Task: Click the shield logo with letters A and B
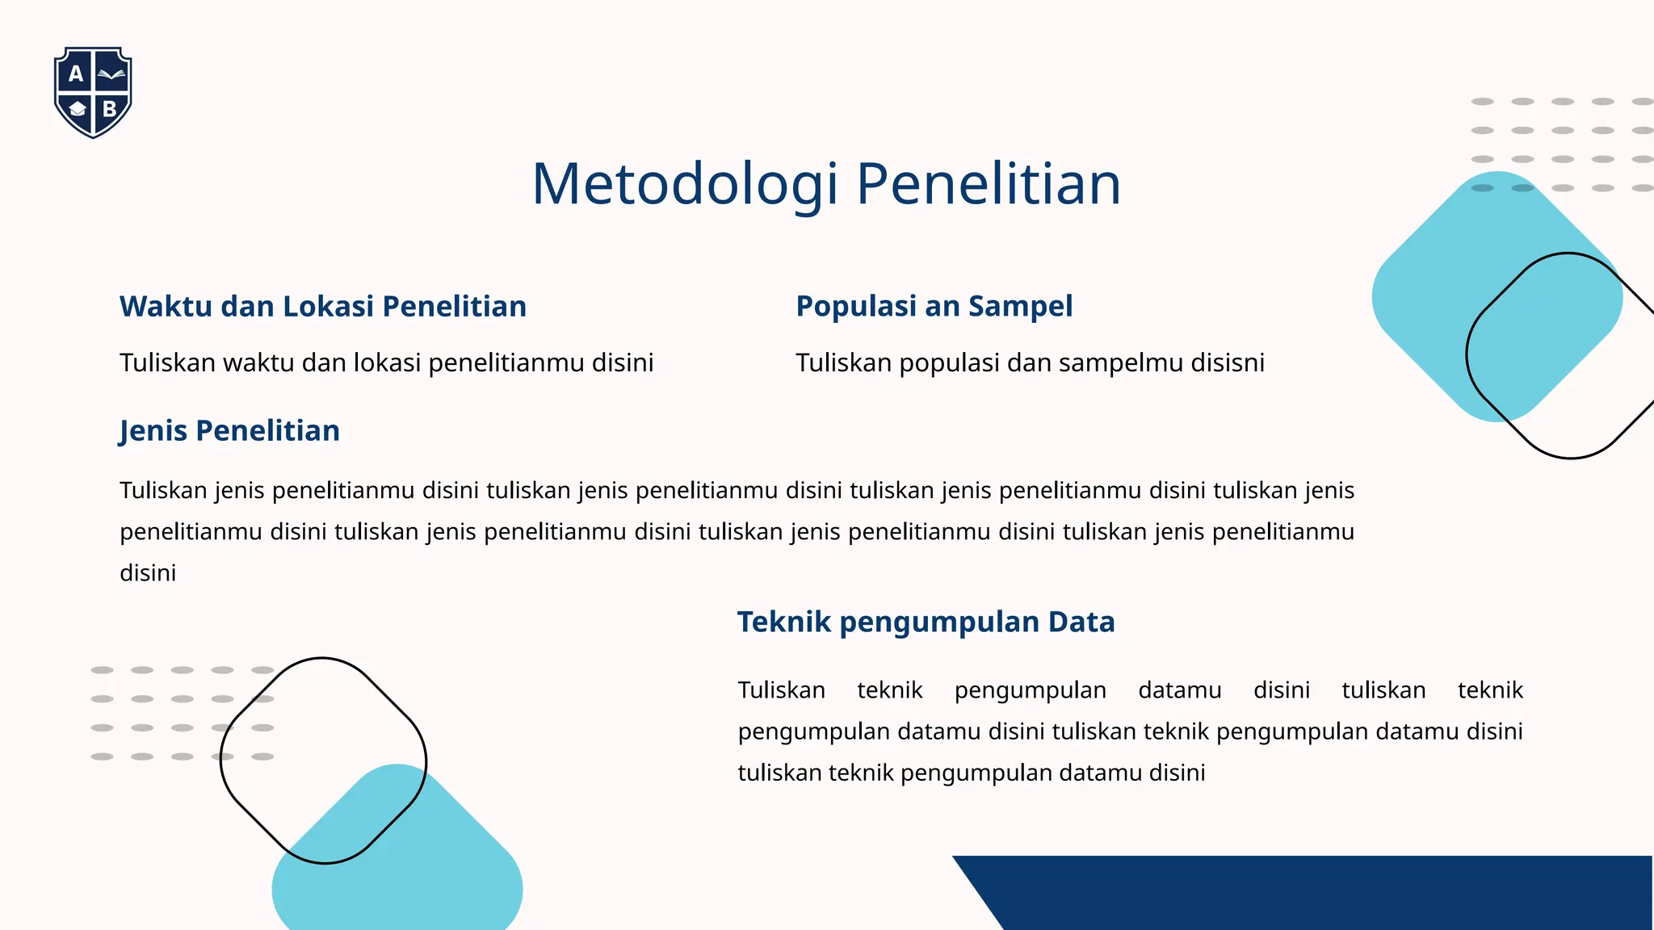click(93, 92)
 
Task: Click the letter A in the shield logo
click(76, 74)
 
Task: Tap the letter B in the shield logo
click(110, 109)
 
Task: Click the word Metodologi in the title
click(685, 184)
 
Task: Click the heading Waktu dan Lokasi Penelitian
click(322, 307)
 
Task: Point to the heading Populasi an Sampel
click(934, 307)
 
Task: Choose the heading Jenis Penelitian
click(229, 431)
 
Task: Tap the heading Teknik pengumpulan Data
click(926, 622)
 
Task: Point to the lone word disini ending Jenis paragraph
click(148, 573)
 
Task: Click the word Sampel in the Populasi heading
click(1020, 307)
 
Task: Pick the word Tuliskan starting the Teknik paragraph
click(781, 690)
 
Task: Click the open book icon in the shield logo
click(111, 75)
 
